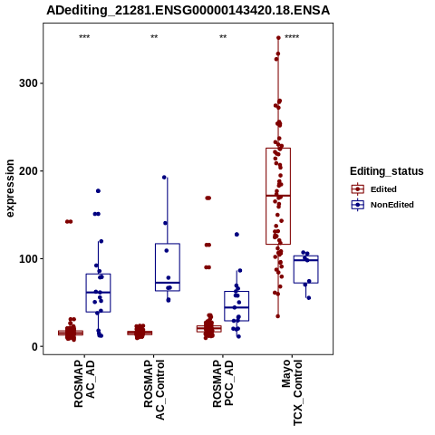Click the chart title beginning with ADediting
(x=188, y=10)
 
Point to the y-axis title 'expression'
(x=10, y=188)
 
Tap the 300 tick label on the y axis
(x=27, y=83)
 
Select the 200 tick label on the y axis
(x=27, y=171)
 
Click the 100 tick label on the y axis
(x=27, y=259)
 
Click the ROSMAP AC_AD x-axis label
(x=84, y=383)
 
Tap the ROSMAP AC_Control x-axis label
(x=154, y=390)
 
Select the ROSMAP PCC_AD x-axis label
(x=223, y=383)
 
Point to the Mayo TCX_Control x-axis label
(x=292, y=392)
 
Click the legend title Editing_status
(x=387, y=171)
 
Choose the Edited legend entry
(x=374, y=189)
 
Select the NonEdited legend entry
(x=382, y=205)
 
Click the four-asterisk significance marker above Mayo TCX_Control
(x=292, y=37)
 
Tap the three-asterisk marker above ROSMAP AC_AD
(x=84, y=37)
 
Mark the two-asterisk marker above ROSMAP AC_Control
(x=154, y=37)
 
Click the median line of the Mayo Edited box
(x=278, y=196)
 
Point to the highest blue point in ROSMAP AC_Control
(x=164, y=178)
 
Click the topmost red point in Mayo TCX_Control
(x=278, y=38)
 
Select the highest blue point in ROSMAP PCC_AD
(x=237, y=235)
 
